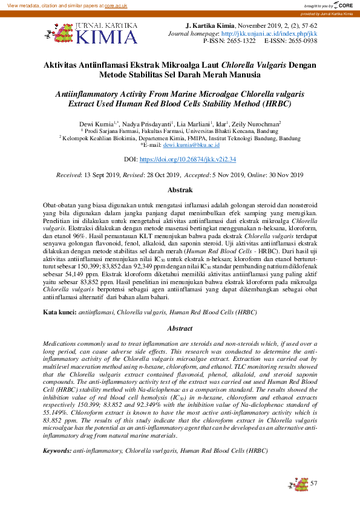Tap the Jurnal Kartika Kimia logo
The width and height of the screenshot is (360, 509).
point(91,34)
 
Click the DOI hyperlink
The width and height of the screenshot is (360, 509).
point(188,160)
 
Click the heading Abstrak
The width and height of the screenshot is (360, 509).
point(180,189)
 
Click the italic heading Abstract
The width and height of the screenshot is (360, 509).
point(180,328)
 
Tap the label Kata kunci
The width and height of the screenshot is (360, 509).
point(59,312)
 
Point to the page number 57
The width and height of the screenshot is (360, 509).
point(313,484)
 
